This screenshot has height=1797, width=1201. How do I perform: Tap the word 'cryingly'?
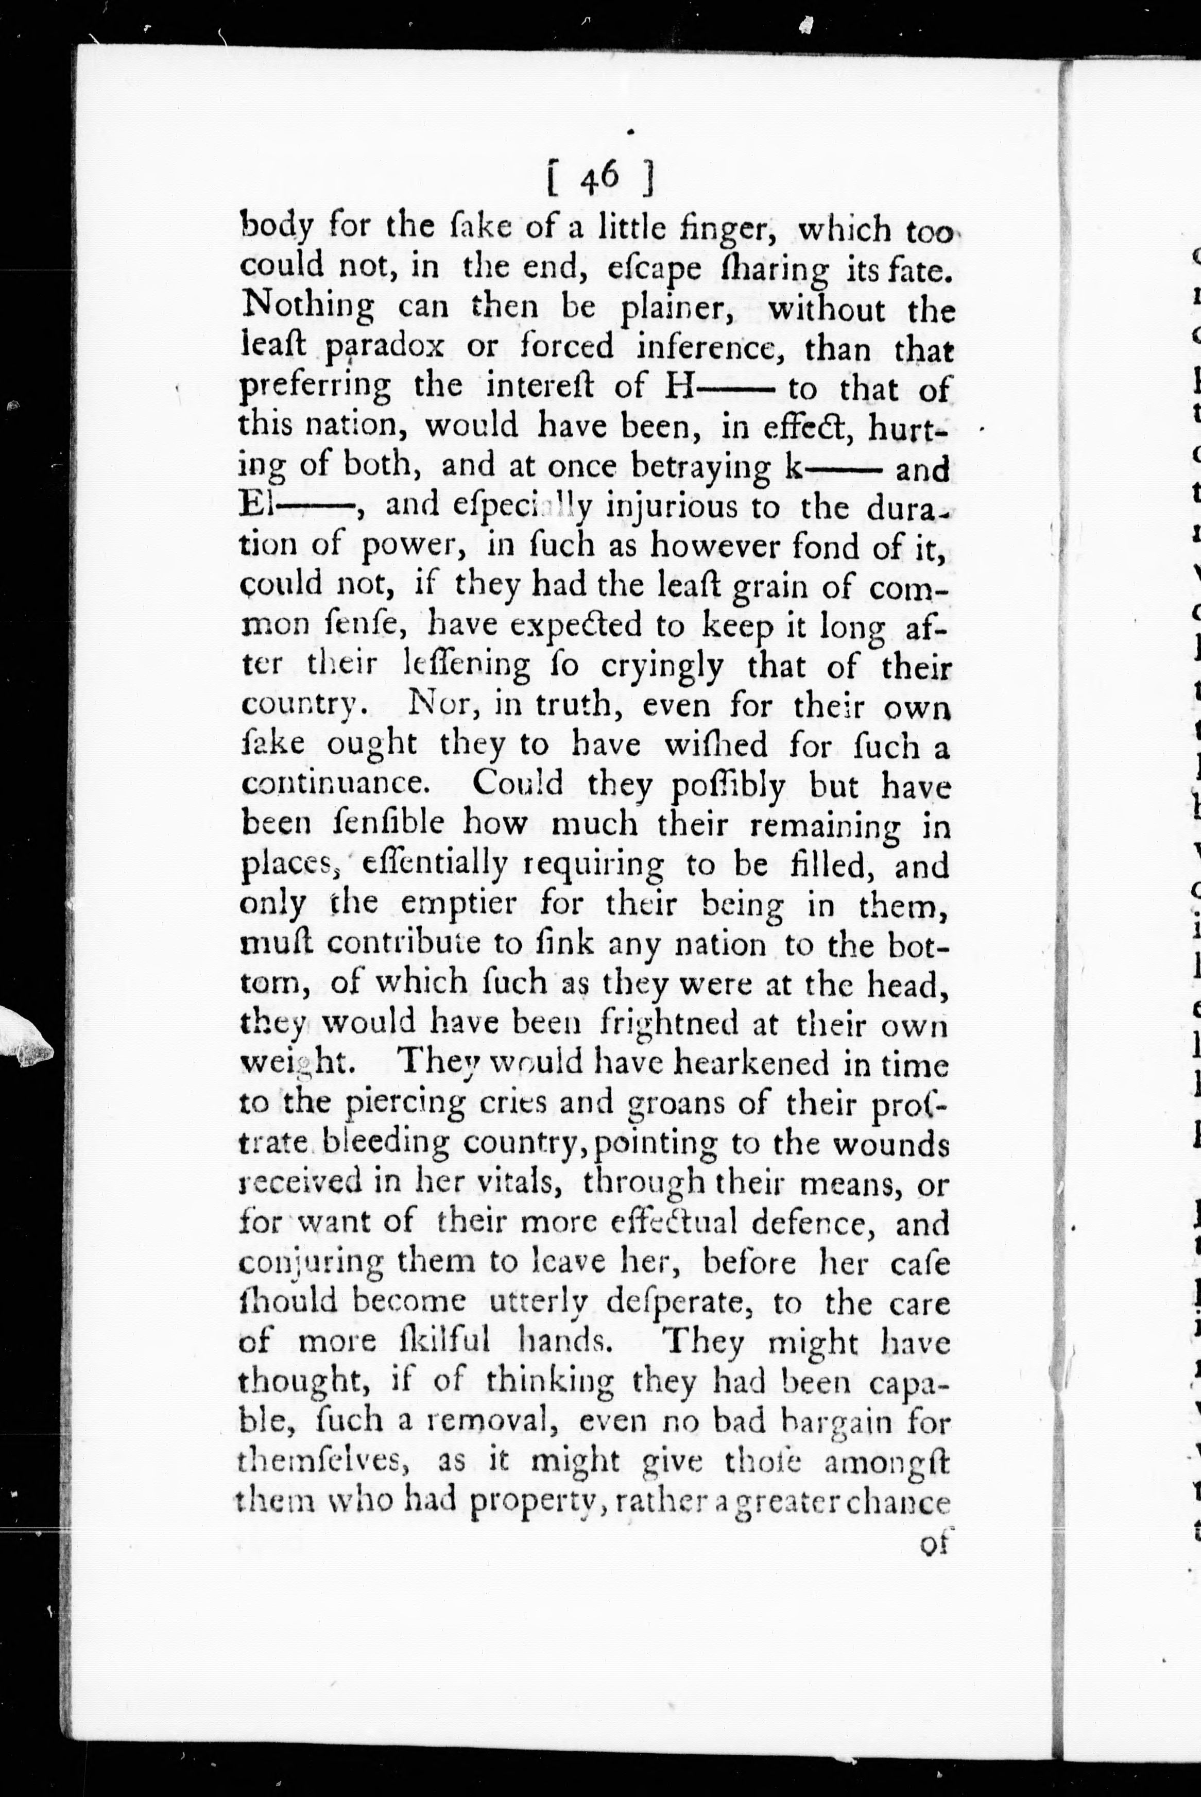click(661, 667)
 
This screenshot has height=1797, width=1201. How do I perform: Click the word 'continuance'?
click(338, 785)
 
